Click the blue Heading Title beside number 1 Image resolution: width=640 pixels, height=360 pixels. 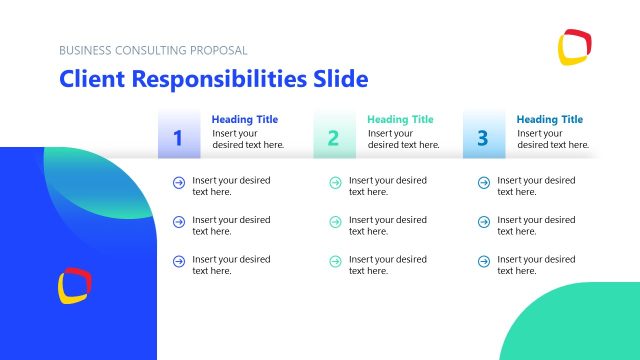point(244,120)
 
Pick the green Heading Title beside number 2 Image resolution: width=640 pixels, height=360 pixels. point(400,120)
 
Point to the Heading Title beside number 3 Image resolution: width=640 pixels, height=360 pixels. point(549,120)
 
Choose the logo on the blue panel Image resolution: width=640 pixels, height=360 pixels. point(75,285)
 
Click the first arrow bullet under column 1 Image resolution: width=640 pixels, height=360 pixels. point(178,182)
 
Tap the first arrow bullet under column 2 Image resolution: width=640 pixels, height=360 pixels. point(334,182)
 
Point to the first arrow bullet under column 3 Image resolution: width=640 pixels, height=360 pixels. point(483,182)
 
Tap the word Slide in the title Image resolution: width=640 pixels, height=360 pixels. point(339,79)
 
